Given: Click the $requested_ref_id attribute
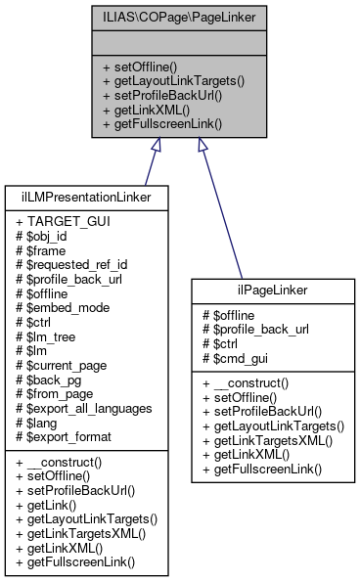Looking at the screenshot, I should (76, 263).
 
